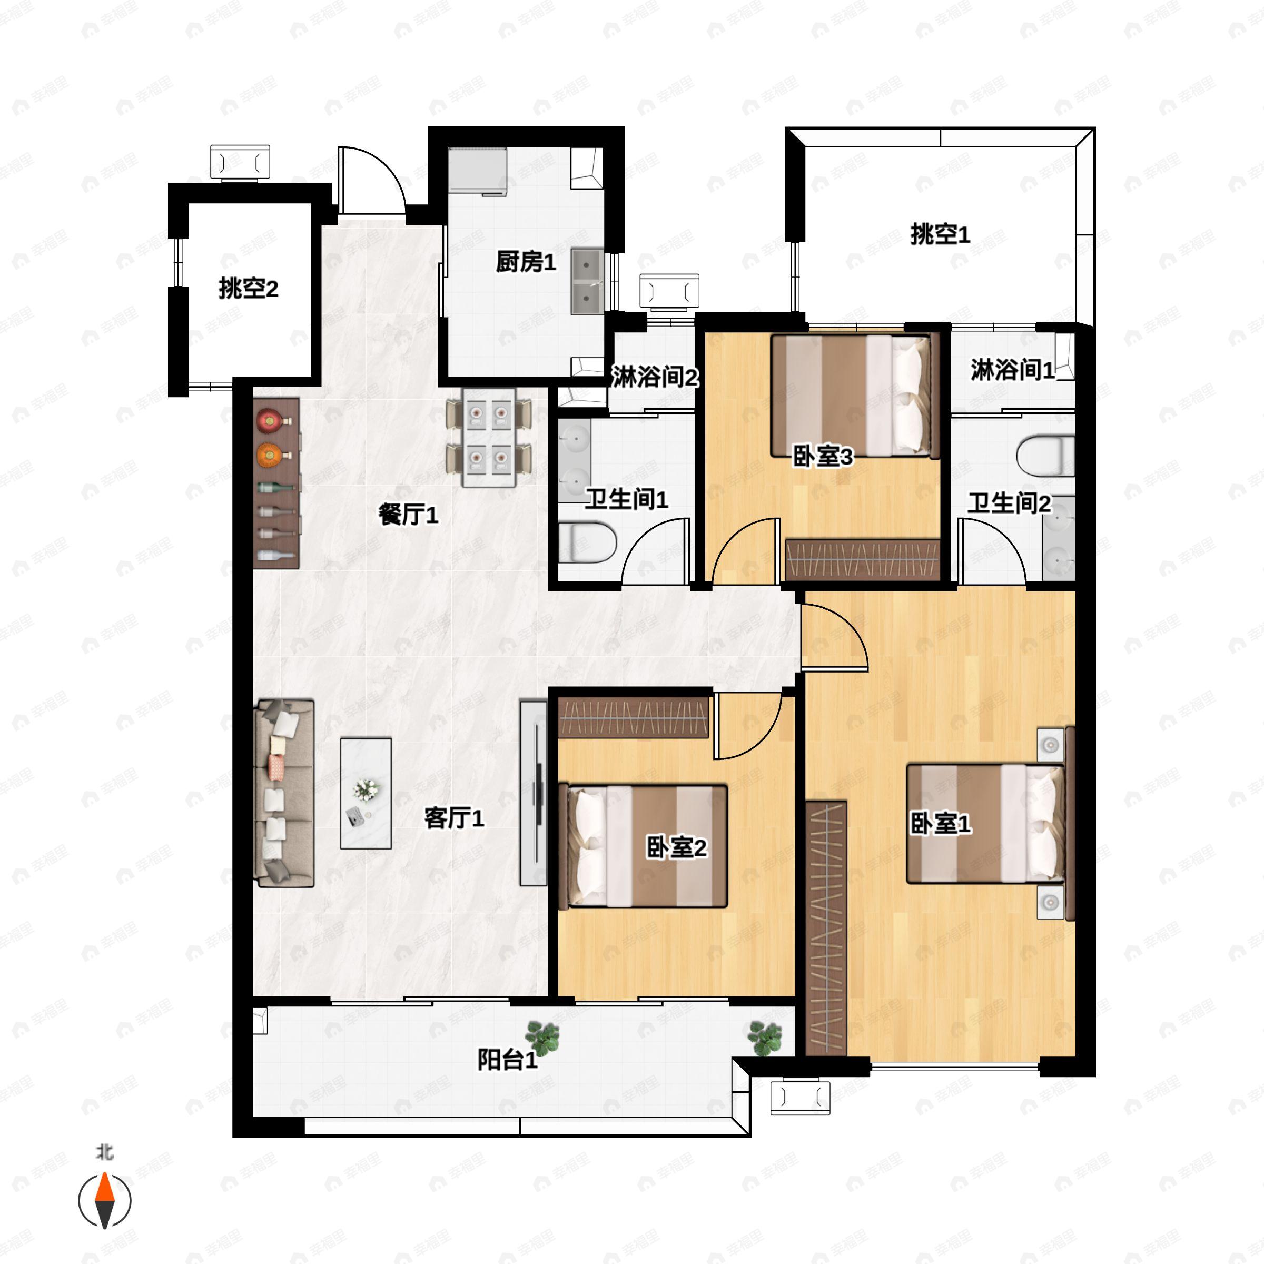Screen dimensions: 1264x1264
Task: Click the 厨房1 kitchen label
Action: point(526,262)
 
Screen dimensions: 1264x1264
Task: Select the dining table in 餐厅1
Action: point(489,437)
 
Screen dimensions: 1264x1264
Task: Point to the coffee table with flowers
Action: point(366,793)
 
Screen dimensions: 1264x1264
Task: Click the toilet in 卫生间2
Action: point(1045,456)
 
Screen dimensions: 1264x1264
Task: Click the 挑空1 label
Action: point(940,234)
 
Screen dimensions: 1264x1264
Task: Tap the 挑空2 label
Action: point(248,288)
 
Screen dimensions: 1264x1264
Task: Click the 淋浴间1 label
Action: point(1011,370)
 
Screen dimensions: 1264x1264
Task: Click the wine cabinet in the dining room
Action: point(276,483)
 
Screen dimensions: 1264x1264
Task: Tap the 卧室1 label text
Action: point(940,824)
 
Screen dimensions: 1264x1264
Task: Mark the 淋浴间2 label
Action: point(654,377)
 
